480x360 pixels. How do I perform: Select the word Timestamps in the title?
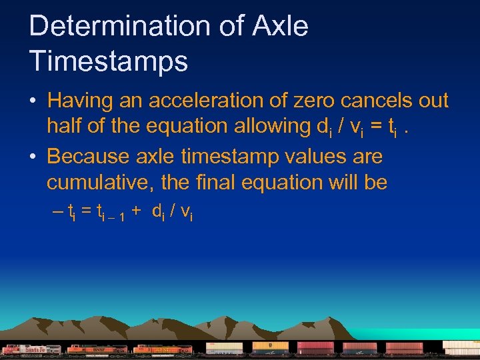108,61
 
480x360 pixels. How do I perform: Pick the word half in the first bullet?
65,125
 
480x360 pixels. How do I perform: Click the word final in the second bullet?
235,182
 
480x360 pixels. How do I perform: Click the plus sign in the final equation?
136,211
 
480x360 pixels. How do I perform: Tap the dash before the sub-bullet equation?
57,211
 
